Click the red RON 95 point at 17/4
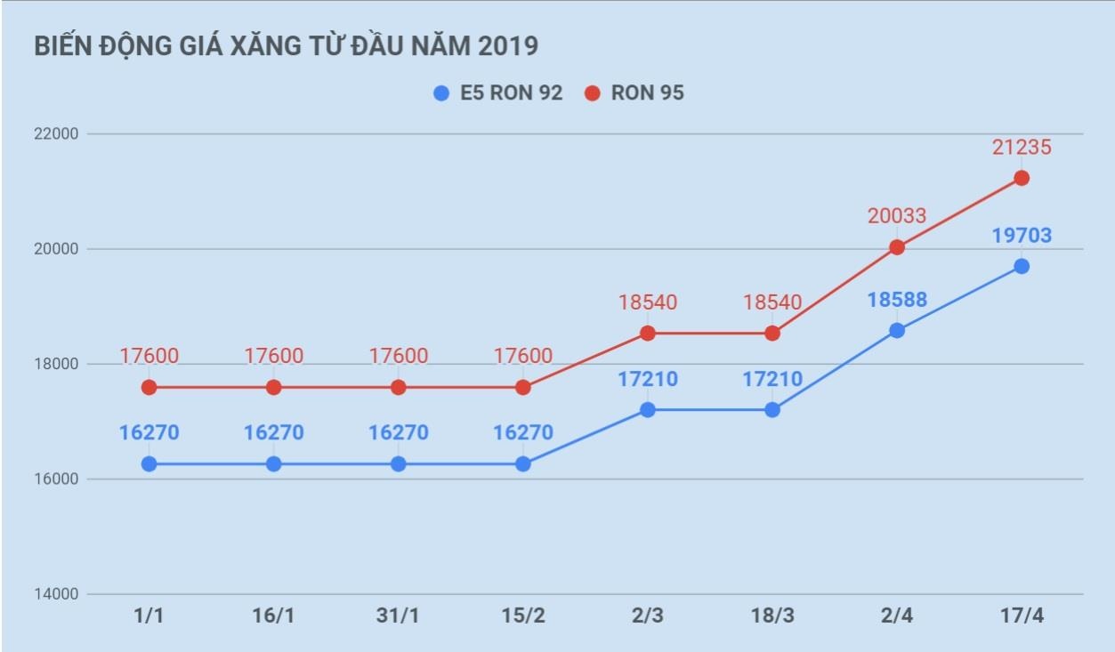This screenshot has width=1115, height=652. coord(1022,178)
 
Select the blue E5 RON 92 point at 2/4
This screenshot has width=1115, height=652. coord(897,330)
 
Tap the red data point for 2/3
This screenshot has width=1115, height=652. coord(648,334)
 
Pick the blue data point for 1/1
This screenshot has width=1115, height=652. coord(149,463)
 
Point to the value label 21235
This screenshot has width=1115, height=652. coord(1022,147)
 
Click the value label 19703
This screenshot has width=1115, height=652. coord(1022,236)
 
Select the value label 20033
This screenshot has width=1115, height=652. coord(897,216)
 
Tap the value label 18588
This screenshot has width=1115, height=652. coord(897,299)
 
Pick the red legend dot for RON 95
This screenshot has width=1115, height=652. coord(593,93)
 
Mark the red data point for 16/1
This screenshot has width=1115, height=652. coord(274,388)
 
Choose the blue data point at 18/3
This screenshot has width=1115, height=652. coord(772,410)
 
